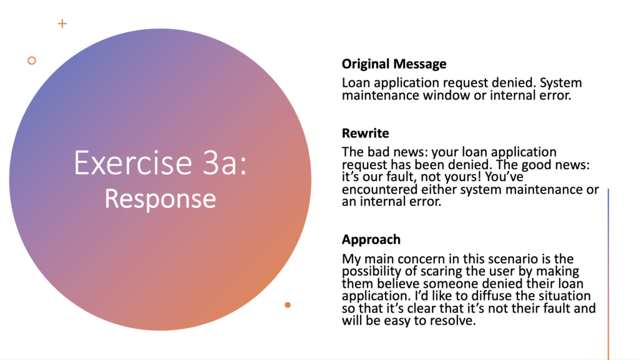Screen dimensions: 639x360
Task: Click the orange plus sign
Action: click(x=62, y=24)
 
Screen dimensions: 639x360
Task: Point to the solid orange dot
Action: click(x=288, y=304)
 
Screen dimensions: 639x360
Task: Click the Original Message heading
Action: click(x=394, y=64)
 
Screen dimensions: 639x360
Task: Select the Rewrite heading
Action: click(x=366, y=133)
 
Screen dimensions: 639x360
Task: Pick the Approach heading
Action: click(x=371, y=240)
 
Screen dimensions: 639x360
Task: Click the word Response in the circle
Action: click(x=160, y=199)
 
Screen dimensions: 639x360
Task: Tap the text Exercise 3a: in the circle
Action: click(x=160, y=163)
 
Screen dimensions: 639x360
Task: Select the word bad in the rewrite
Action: click(x=375, y=152)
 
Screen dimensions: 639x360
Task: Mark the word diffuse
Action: click(x=514, y=296)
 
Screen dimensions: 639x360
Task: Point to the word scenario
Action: click(x=512, y=259)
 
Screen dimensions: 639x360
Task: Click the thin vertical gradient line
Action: click(x=608, y=274)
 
